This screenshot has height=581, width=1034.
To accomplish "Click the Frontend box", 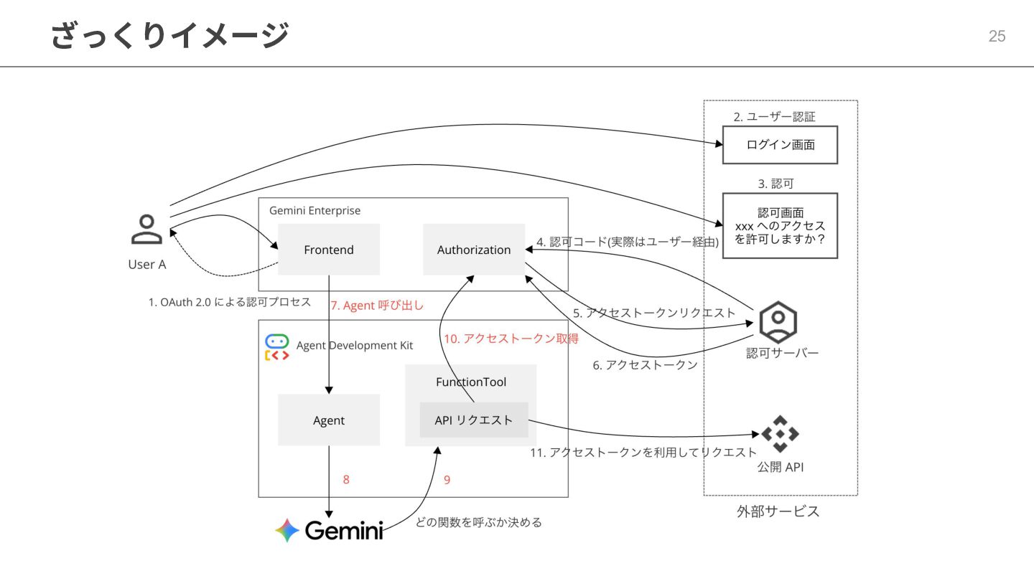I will click(329, 250).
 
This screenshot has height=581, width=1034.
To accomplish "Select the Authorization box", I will click(474, 250).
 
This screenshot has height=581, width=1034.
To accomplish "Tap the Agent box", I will click(329, 420).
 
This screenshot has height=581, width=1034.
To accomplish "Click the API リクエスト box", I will click(474, 420).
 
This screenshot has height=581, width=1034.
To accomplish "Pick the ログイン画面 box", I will click(780, 145).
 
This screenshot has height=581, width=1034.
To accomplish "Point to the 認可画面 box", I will click(780, 226).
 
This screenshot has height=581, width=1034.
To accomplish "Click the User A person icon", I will click(146, 230).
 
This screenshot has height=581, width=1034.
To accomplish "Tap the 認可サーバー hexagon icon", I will click(778, 323).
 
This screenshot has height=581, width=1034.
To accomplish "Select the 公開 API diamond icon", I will click(780, 433).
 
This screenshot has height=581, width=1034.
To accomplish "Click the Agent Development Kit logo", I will click(277, 346).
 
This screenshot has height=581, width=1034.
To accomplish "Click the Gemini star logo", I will click(287, 530).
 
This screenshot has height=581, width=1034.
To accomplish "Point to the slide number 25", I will click(997, 36).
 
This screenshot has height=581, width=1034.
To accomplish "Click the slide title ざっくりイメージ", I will click(170, 35).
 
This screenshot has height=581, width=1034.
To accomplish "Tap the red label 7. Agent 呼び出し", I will click(377, 306).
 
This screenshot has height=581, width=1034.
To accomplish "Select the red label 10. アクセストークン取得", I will click(511, 339).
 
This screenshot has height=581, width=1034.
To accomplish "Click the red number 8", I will click(346, 480).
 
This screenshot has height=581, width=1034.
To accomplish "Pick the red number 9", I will click(447, 480).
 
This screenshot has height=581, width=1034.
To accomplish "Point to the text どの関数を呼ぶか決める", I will click(479, 522).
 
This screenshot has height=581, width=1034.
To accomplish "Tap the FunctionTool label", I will click(471, 382).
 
